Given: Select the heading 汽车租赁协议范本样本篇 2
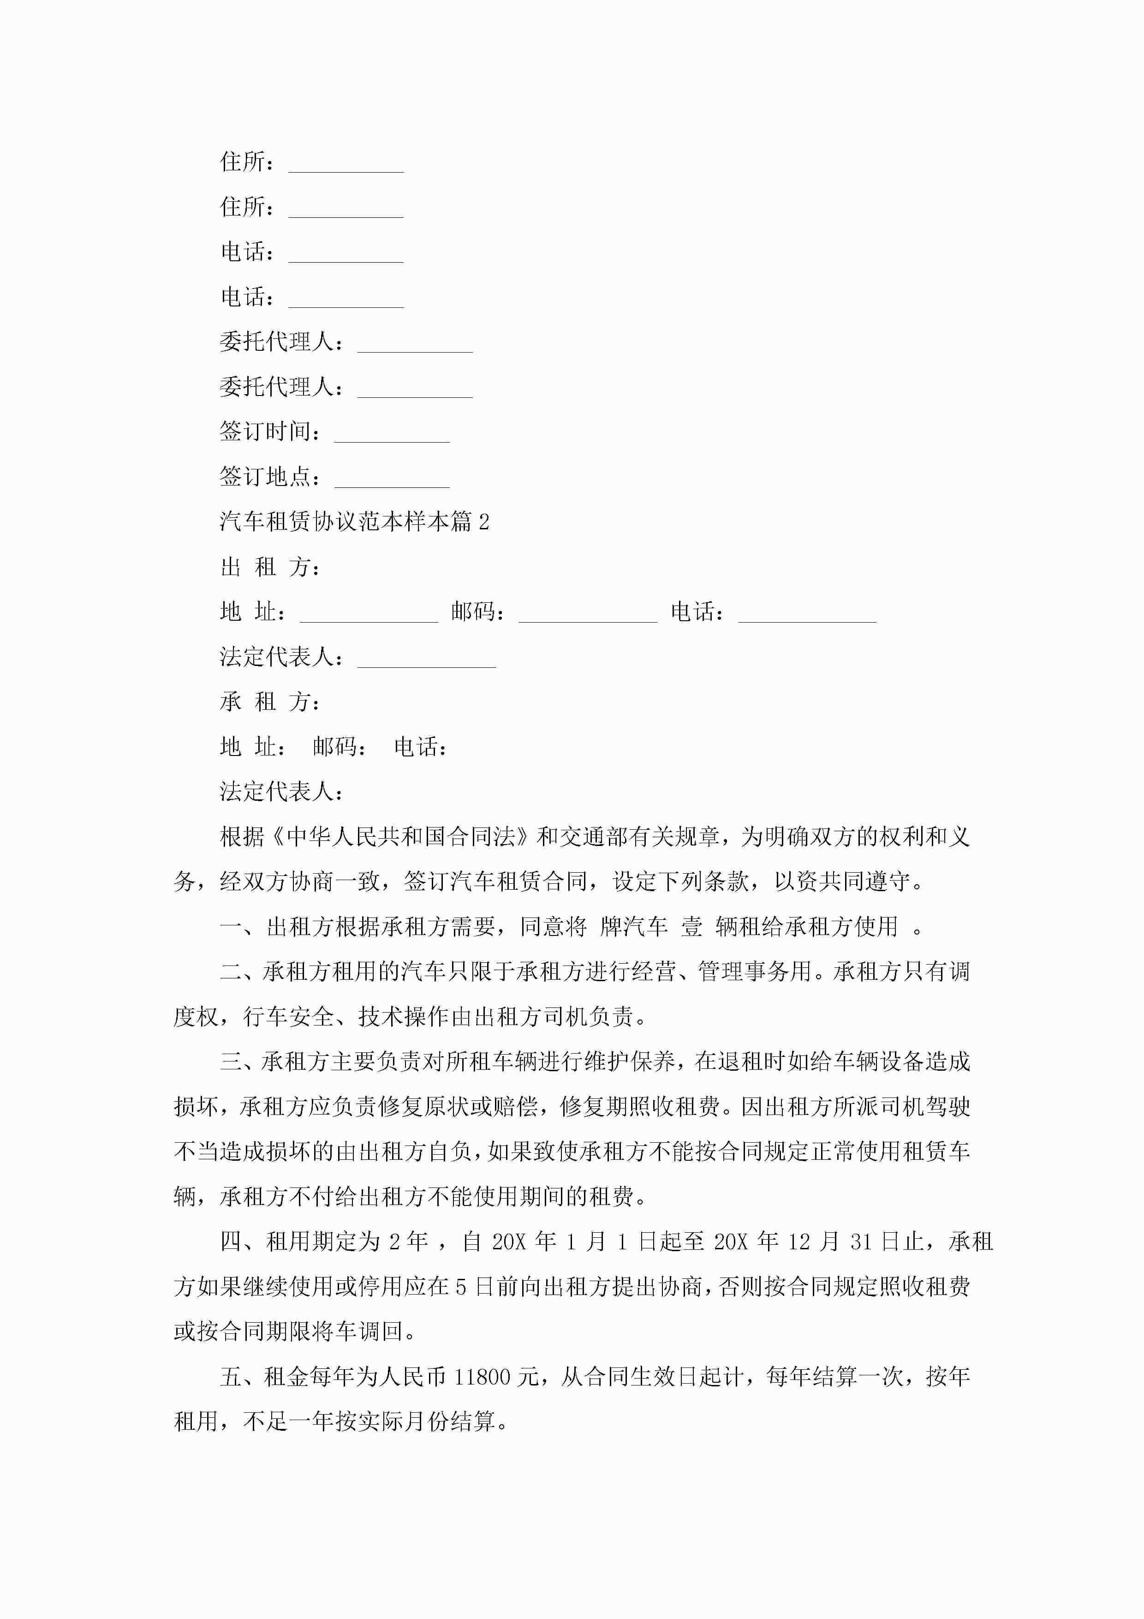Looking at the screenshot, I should point(354,522).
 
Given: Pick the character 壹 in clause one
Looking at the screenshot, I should point(691,927).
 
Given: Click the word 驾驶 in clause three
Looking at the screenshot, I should point(948,1107).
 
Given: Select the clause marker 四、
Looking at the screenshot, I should point(242,1242).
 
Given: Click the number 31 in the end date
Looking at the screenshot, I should point(861,1242).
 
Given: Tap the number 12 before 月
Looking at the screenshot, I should point(799,1242).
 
